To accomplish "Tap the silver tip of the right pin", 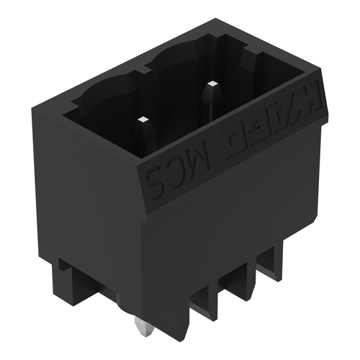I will coord(213,84).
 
